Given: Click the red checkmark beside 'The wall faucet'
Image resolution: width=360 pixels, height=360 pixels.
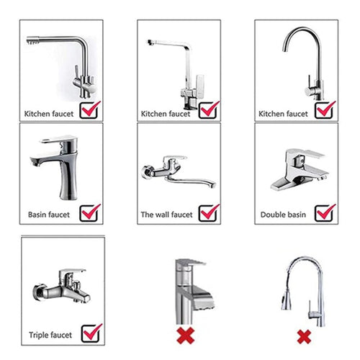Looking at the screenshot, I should point(209,212).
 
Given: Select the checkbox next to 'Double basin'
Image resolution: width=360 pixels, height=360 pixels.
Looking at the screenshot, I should point(325,212).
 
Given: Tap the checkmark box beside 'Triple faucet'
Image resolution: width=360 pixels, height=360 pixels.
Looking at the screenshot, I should point(92,333).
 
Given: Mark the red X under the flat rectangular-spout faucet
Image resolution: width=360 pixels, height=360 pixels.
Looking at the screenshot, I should point(186,336).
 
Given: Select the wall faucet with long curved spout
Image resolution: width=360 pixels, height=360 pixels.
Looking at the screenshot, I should point(176,169).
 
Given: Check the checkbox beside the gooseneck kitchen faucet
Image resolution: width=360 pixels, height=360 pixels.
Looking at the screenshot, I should point(325,110).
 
